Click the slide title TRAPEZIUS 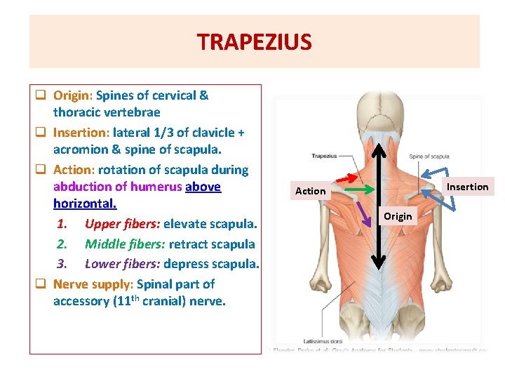tap(254, 42)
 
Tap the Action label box tap(310, 191)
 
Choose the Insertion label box tap(467, 187)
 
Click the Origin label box tap(398, 216)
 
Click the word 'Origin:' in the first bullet tap(73, 95)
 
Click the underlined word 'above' tap(203, 187)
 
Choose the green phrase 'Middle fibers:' tap(125, 244)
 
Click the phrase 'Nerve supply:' tap(93, 284)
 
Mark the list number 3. tap(61, 264)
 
